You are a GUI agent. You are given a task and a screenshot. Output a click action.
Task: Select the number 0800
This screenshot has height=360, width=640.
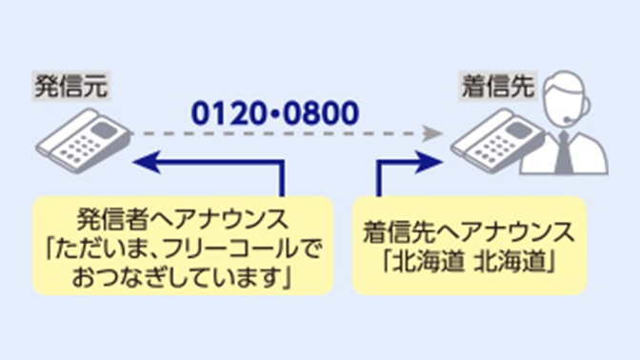[x=318, y=113]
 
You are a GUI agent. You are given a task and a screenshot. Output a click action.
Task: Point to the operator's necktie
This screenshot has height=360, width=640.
[x=565, y=152]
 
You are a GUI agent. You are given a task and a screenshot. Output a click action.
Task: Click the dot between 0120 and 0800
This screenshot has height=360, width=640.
[x=273, y=114]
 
